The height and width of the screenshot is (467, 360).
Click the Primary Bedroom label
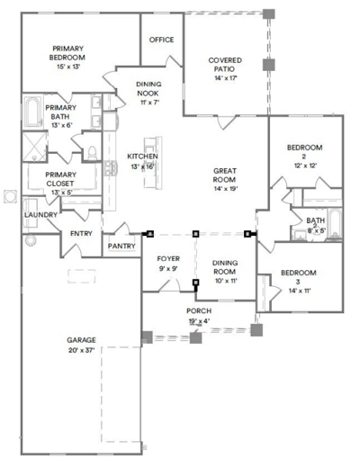(x=67, y=53)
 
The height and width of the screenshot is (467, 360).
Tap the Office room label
(x=161, y=40)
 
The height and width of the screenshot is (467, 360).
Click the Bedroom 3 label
(x=296, y=278)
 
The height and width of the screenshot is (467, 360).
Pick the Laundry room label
(x=40, y=215)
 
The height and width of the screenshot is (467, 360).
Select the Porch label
(x=198, y=310)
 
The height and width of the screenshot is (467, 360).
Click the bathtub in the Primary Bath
(x=32, y=115)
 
